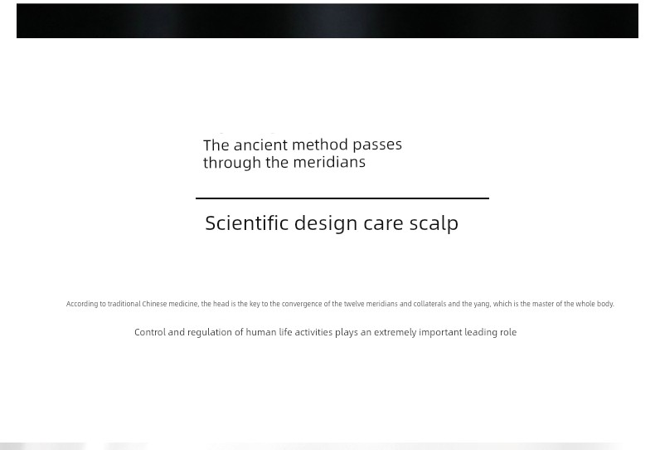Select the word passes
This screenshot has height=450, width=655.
tap(377, 144)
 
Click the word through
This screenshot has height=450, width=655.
tap(232, 163)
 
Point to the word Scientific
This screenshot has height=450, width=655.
tap(246, 223)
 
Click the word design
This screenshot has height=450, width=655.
tap(326, 223)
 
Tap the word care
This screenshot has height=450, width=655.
tap(383, 224)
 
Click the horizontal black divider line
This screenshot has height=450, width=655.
tap(342, 198)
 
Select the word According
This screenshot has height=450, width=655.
tap(82, 304)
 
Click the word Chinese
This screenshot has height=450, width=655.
tap(154, 304)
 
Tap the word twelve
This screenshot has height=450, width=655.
tap(354, 304)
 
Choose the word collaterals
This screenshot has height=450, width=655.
tap(429, 304)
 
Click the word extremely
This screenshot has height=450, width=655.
tap(395, 333)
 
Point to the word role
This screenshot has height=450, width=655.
tap(508, 332)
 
